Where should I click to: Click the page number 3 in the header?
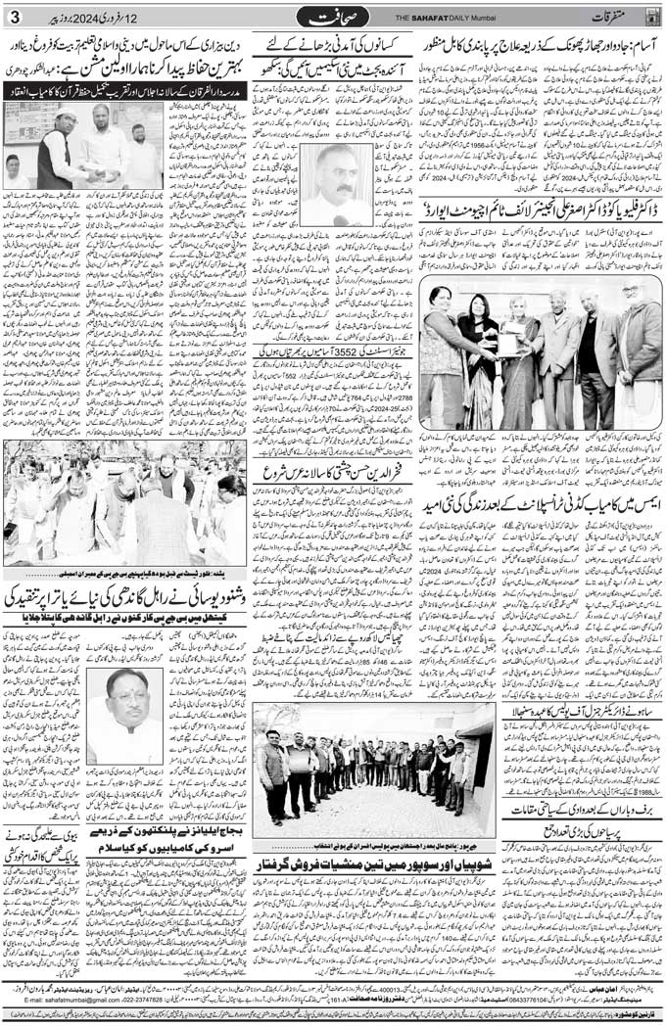pyautogui.click(x=13, y=17)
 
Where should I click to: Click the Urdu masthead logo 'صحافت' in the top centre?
pyautogui.click(x=333, y=17)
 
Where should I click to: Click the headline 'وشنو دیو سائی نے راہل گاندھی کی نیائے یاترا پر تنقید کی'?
pyautogui.click(x=127, y=594)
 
